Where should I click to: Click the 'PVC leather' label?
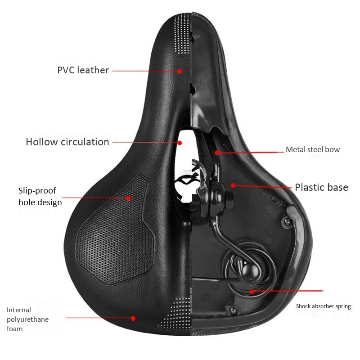(83, 70)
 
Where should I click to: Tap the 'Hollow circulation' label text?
(67, 142)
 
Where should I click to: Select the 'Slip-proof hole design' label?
(40, 197)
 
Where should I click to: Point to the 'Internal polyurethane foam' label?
(27, 319)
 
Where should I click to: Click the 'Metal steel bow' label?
(313, 150)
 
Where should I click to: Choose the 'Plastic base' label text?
(321, 187)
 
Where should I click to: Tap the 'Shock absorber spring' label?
(323, 306)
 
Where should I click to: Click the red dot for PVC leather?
(180, 71)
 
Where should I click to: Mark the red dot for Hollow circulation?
(180, 143)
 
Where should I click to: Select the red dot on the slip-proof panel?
(128, 198)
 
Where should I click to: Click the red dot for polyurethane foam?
(133, 318)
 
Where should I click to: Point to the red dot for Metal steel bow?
(217, 153)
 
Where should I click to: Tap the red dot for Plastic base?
(233, 185)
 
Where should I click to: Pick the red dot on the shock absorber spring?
(252, 291)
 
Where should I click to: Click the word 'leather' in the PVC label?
(93, 70)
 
